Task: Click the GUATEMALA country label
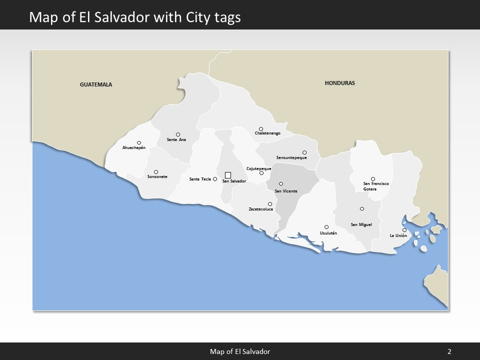point(96,84)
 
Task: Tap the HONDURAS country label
point(339,83)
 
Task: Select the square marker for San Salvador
point(228,175)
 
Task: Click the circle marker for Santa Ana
point(178,134)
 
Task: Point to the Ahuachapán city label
point(134,148)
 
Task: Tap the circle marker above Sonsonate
point(156,172)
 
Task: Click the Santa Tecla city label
point(200,179)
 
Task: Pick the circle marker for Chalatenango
point(261,129)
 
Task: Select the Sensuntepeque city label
point(291,158)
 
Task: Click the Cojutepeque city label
point(259,168)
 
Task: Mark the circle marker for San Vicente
point(281,184)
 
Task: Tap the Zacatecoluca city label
point(261,209)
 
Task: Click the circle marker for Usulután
point(326,227)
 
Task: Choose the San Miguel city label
point(361,224)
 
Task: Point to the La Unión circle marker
point(404,230)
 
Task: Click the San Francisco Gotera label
point(376,186)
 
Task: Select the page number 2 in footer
point(449,351)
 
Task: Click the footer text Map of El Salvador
point(239,351)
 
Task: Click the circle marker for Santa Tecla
point(215,179)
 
